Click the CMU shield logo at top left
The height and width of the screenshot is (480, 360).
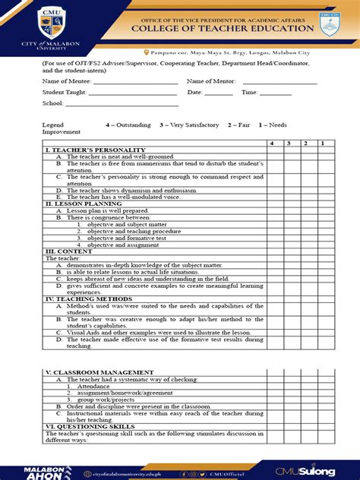point(48,23)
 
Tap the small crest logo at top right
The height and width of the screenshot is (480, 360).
point(329,23)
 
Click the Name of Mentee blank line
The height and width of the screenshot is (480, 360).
point(134,81)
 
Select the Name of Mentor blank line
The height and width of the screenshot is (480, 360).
point(279,81)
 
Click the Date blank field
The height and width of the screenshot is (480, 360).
point(218,93)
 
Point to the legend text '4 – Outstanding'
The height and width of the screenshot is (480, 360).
point(128,125)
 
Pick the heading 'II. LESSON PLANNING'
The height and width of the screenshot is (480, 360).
point(76,204)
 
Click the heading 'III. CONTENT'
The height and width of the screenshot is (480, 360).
point(65,251)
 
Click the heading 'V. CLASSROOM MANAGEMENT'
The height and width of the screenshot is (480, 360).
point(88,372)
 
